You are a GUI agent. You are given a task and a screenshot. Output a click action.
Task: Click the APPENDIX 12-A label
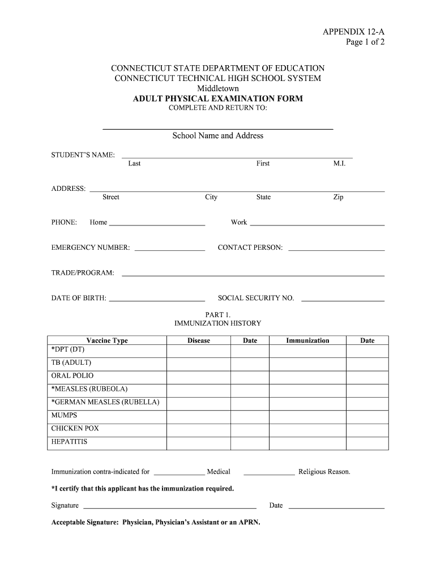[x=353, y=32]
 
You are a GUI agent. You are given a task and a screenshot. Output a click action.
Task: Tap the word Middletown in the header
[x=218, y=88]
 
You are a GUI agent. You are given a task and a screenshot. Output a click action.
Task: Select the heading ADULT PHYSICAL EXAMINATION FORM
[x=218, y=99]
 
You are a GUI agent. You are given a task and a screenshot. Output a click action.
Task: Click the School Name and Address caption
[x=218, y=136]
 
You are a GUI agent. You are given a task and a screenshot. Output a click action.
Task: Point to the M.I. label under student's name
[x=340, y=164]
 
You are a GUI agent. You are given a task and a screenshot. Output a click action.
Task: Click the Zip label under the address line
[x=338, y=197]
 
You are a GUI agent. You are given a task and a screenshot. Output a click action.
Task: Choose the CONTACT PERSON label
[x=250, y=248]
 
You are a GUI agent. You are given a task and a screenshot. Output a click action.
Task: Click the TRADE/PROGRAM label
[x=83, y=273]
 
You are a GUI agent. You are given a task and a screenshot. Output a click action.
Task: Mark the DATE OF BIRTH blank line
[x=157, y=300]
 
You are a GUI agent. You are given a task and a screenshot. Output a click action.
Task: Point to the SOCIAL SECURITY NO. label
[x=256, y=298]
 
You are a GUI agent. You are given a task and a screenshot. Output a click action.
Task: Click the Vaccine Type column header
[x=107, y=340]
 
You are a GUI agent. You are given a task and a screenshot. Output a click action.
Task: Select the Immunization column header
[x=307, y=340]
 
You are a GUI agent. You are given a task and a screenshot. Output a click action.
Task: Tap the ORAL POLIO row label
[x=72, y=376]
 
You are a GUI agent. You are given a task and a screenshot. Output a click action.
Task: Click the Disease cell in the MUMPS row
[x=198, y=416]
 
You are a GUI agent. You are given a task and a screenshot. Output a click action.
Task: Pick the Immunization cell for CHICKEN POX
[x=307, y=429]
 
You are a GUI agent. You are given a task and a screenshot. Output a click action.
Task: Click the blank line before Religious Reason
[x=269, y=474]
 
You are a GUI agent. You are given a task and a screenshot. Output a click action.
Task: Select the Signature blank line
[x=170, y=507]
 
